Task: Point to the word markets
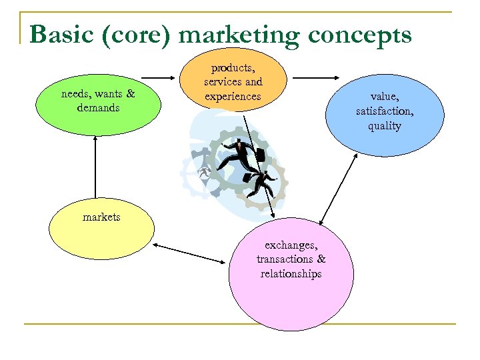(x=101, y=217)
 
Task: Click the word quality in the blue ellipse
(x=385, y=126)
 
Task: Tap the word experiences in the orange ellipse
(x=233, y=97)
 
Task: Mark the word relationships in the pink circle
(x=291, y=274)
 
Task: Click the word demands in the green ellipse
(x=98, y=107)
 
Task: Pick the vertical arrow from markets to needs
(x=96, y=170)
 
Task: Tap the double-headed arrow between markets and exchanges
(x=191, y=253)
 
